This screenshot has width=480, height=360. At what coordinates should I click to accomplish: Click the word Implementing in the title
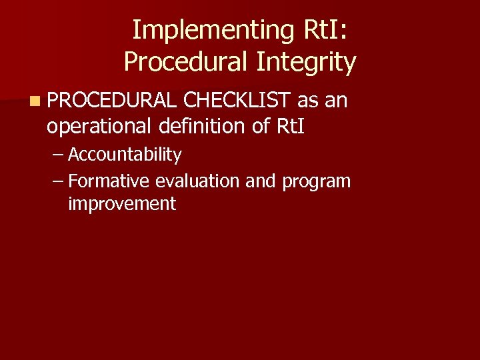pos(209,30)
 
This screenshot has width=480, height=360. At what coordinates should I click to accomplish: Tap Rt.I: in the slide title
pos(325,30)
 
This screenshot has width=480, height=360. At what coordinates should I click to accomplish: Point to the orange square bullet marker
pos(33,101)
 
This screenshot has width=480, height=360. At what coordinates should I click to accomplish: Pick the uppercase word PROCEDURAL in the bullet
pos(112,101)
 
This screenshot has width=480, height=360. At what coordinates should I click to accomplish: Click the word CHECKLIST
pos(237,101)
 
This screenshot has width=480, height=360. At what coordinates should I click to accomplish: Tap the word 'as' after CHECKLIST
pos(308,101)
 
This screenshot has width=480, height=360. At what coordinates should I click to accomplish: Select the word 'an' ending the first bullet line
pos(336,101)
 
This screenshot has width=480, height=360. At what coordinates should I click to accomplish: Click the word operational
pos(102,126)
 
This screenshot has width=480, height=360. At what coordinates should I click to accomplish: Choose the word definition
pos(205,126)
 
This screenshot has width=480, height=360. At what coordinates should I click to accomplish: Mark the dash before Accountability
pos(58,155)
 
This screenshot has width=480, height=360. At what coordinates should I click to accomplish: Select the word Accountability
pos(125,155)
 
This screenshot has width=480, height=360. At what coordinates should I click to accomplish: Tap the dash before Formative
pos(58,181)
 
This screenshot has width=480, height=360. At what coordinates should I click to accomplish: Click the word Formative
pos(109,181)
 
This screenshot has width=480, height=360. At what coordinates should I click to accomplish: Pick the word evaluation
pos(198,181)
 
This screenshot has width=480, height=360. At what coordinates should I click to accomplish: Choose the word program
pos(316,181)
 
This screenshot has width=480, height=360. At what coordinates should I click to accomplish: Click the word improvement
pos(122,204)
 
